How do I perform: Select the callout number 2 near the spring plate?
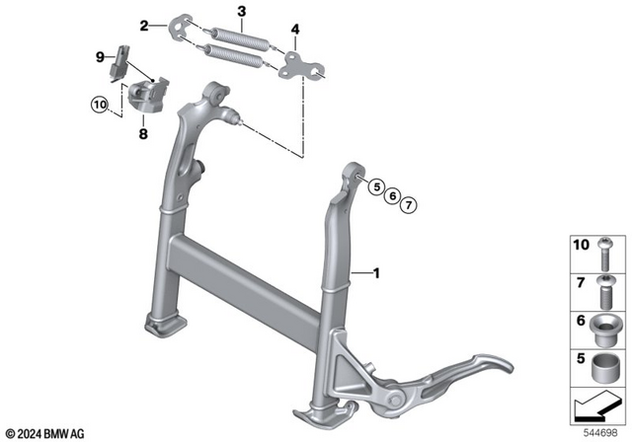[144, 25]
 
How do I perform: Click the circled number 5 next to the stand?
[375, 187]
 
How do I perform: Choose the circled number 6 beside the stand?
[392, 196]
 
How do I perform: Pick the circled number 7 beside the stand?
[409, 204]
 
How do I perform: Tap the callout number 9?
[100, 58]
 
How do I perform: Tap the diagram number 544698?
[604, 432]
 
